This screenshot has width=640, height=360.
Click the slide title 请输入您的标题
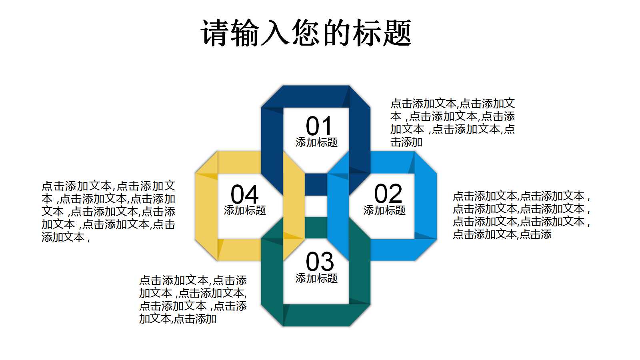[x=306, y=33]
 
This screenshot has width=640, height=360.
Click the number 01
[x=319, y=126]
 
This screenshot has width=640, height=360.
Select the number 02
[x=388, y=194]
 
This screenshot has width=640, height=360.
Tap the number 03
[x=319, y=262]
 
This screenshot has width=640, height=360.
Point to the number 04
[x=244, y=195]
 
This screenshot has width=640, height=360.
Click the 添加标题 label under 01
[x=316, y=142]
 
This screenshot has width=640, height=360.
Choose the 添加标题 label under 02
[x=384, y=210]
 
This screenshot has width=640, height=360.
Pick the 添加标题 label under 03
[x=316, y=278]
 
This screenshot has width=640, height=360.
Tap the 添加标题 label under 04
[x=245, y=210]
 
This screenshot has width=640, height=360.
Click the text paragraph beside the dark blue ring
[x=452, y=123]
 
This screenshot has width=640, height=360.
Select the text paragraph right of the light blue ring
[x=521, y=215]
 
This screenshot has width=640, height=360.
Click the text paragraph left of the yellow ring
[x=108, y=212]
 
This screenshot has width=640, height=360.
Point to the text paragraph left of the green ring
[x=193, y=300]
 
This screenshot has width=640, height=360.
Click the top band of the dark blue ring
[x=316, y=96]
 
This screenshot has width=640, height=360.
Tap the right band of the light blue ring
[x=425, y=206]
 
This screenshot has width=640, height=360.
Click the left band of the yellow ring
[x=206, y=206]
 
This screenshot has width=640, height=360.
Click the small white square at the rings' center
[x=316, y=206]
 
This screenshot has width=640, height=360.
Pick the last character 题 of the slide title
[x=397, y=33]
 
